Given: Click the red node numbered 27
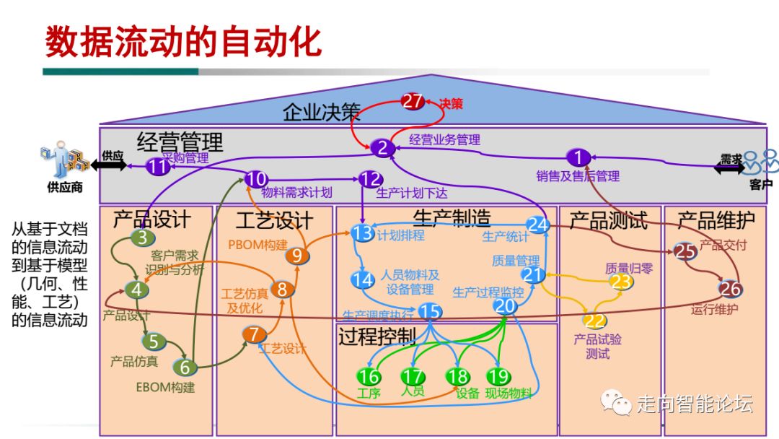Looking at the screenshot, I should click(x=413, y=102).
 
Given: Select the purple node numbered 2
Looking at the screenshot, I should click(x=383, y=148).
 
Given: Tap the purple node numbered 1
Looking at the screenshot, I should click(x=578, y=157).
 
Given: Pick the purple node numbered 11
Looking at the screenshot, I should click(x=158, y=168).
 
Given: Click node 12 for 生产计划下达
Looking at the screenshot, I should click(x=371, y=179).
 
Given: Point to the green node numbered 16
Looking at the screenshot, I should click(x=369, y=376).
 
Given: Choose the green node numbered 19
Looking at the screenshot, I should click(x=498, y=376).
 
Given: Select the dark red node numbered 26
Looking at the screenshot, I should click(x=730, y=289).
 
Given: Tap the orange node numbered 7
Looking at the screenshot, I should click(x=253, y=334).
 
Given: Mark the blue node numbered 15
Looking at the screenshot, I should click(x=430, y=310).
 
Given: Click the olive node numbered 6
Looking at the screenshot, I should click(x=185, y=367).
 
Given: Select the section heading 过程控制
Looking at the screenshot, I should click(x=377, y=336).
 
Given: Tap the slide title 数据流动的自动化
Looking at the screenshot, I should click(x=183, y=42).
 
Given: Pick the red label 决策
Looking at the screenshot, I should click(x=451, y=104).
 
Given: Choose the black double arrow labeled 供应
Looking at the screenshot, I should click(x=108, y=165).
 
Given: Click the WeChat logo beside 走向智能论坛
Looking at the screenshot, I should click(x=617, y=401).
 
